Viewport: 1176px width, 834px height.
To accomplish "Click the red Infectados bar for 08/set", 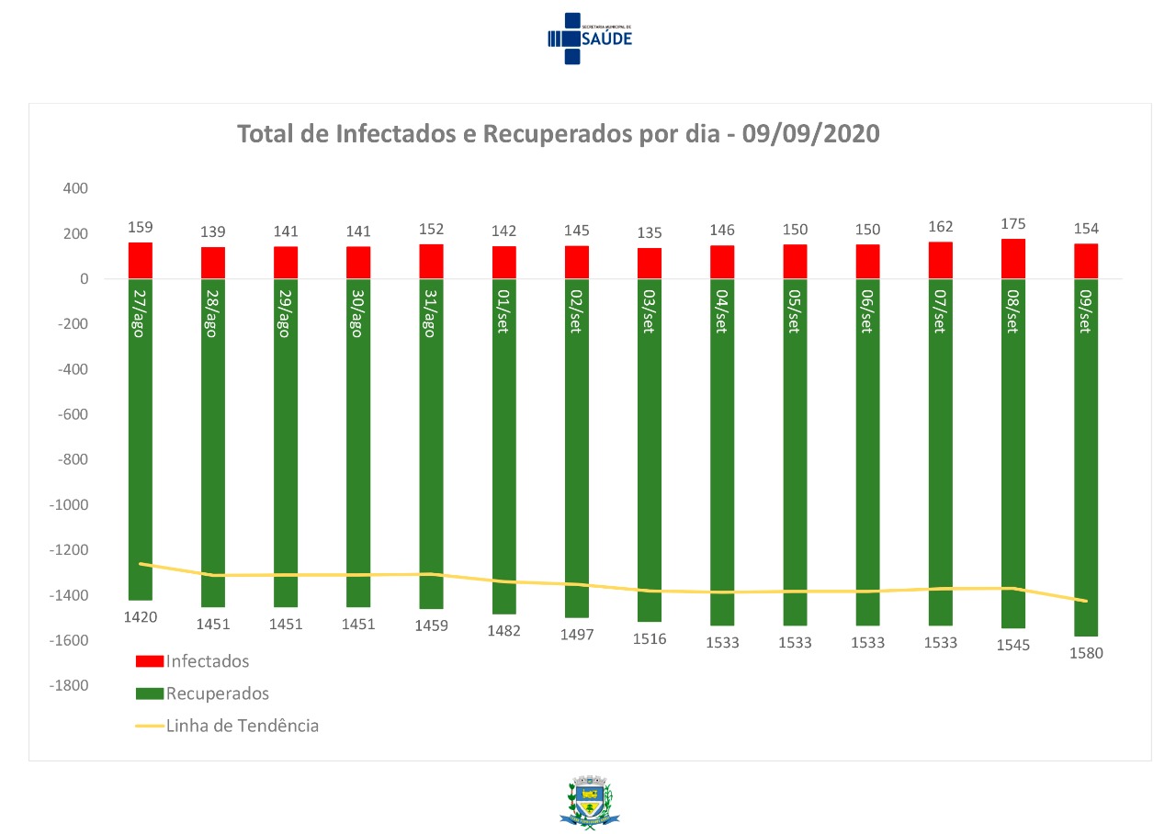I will pyautogui.click(x=1012, y=259).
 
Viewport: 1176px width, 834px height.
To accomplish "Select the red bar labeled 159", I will pyautogui.click(x=140, y=261).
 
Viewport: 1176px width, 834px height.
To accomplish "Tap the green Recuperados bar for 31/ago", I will pyautogui.click(x=431, y=459).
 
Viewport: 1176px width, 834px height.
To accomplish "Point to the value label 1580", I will pyautogui.click(x=1085, y=654).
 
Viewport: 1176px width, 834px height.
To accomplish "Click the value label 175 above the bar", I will pyautogui.click(x=1013, y=224).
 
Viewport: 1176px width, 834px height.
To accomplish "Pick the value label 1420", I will pyautogui.click(x=141, y=617).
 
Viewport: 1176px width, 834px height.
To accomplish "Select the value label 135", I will pyautogui.click(x=650, y=233).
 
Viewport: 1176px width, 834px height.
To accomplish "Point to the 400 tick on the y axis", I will pyautogui.click(x=74, y=188).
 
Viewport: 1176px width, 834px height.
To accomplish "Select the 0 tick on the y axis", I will pyautogui.click(x=82, y=279).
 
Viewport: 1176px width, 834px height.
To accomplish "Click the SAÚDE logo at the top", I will pyautogui.click(x=590, y=38).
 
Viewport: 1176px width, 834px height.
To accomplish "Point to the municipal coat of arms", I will pyautogui.click(x=585, y=802).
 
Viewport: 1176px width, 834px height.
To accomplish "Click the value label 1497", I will pyautogui.click(x=577, y=635).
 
